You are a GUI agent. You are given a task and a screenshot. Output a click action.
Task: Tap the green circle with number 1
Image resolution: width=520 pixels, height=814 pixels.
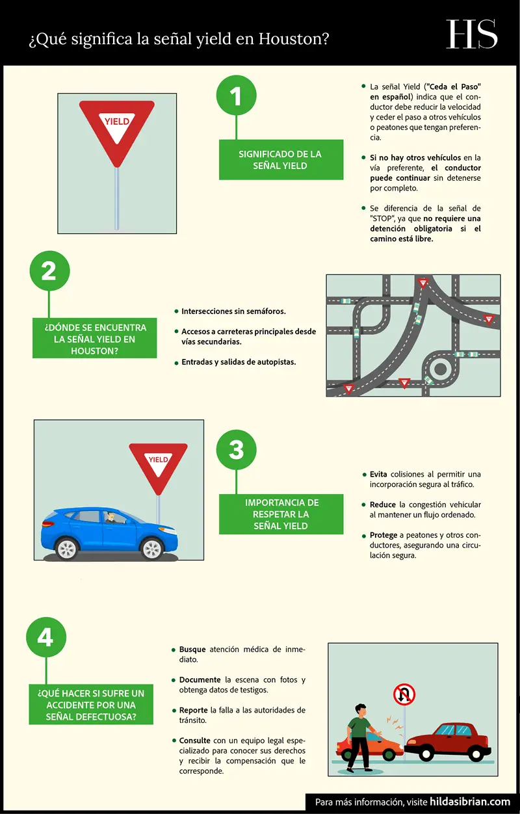236,96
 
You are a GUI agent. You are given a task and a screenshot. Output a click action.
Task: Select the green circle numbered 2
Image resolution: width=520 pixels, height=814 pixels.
49,271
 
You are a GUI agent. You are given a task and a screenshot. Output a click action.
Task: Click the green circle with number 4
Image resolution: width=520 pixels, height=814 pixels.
45,637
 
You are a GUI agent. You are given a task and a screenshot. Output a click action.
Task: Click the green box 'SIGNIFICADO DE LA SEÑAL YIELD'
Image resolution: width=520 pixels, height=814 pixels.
280,160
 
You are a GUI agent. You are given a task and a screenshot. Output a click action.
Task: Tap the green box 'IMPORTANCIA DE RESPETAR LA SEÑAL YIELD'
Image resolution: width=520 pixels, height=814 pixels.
281,514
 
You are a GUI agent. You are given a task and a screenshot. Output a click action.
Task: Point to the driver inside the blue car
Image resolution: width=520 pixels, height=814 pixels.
111,518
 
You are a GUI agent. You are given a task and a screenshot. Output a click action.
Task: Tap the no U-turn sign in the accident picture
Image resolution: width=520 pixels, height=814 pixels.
404,696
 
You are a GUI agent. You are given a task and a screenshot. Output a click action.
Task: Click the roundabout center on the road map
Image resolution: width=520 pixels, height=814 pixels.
441,369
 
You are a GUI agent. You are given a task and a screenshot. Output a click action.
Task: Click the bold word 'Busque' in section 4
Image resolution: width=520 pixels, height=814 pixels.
192,650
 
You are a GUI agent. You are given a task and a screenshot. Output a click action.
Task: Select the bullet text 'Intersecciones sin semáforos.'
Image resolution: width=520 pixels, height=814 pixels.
233,311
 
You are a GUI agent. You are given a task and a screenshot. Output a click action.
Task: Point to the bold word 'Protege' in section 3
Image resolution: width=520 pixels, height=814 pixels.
383,535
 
